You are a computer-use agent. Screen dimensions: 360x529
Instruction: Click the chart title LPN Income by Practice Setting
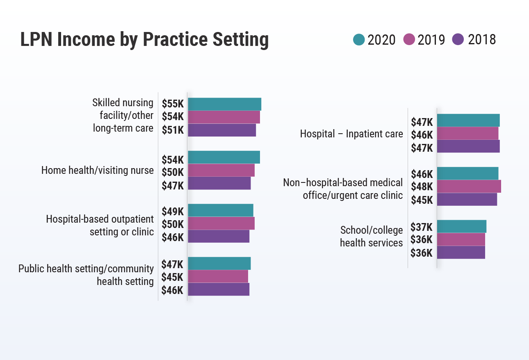(x=144, y=40)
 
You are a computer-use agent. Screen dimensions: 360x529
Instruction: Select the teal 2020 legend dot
(x=359, y=40)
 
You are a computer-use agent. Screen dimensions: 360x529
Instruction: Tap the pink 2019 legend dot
(x=409, y=40)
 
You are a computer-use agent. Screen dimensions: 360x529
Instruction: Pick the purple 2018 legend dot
(x=458, y=40)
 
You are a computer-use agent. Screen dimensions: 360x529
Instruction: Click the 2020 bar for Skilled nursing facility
(x=224, y=104)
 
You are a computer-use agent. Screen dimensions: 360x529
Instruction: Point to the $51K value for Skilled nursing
(x=173, y=130)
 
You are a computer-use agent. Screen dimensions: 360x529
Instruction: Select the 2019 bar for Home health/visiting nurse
(x=221, y=170)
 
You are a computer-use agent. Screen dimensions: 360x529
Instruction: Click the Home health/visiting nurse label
(x=98, y=170)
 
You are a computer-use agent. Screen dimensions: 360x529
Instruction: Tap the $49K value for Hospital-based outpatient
(x=173, y=212)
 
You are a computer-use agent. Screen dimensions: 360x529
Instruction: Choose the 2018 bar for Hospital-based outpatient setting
(x=219, y=237)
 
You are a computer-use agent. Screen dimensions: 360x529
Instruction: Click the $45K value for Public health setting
(x=173, y=277)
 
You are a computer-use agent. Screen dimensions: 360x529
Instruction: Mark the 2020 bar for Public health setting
(x=219, y=264)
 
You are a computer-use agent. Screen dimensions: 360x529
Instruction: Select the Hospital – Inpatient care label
(x=351, y=134)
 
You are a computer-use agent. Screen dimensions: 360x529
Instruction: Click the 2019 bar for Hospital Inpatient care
(x=467, y=134)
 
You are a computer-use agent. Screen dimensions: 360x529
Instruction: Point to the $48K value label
(x=422, y=187)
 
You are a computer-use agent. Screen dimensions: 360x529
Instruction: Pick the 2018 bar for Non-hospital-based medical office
(x=467, y=199)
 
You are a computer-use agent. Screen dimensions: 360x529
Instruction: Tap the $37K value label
(x=422, y=227)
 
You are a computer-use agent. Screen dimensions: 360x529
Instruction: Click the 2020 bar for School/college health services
(x=461, y=226)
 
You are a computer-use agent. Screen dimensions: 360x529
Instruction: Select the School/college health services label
(x=372, y=237)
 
